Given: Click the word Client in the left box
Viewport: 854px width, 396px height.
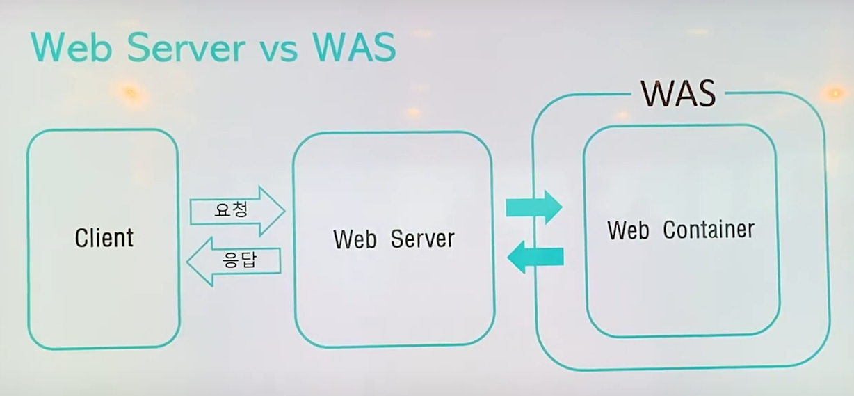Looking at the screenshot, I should [104, 238].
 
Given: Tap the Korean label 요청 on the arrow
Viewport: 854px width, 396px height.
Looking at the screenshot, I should [231, 209].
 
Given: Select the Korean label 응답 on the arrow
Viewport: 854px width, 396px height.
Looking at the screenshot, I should [240, 260].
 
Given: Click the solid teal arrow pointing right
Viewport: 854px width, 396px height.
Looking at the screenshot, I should [533, 207].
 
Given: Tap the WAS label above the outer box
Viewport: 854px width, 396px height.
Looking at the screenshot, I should [677, 93].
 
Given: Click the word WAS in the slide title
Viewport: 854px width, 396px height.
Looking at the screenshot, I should [354, 48].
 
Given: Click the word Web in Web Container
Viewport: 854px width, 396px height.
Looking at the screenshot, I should [629, 230].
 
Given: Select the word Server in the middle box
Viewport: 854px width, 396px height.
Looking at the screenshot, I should [422, 239].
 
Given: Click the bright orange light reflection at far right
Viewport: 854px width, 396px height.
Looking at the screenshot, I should [835, 93].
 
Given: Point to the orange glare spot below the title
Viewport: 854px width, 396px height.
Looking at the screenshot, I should [129, 91].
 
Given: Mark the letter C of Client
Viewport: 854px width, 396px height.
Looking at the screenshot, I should [80, 238].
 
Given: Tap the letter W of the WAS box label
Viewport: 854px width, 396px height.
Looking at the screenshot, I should [655, 93].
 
